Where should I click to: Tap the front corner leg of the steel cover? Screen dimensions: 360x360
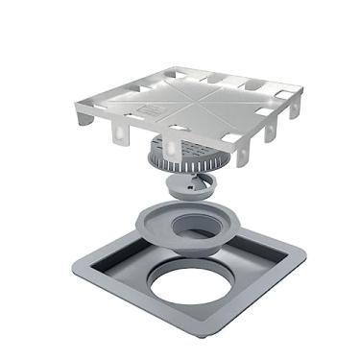click(172, 149)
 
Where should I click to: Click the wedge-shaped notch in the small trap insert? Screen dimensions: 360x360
click(182, 189)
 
